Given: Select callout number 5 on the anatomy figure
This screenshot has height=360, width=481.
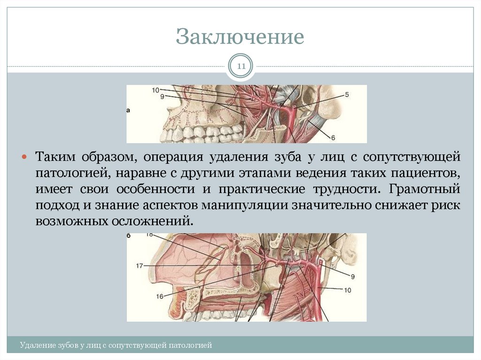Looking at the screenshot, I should (x=347, y=94).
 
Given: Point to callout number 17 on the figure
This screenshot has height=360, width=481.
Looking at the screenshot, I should (x=140, y=266).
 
